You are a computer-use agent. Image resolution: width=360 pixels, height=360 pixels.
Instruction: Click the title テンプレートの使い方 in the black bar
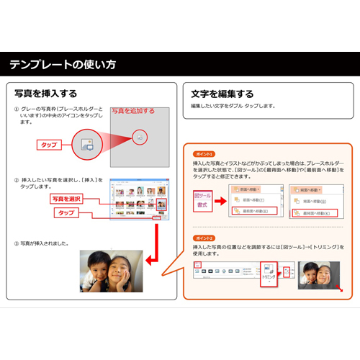coord(63,65)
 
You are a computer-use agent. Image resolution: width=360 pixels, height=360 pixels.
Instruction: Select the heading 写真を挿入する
coord(46,94)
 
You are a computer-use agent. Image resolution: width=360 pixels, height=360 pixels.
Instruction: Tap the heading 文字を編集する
coord(222,94)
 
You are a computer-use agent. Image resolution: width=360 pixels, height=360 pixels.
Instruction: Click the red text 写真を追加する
coord(133,111)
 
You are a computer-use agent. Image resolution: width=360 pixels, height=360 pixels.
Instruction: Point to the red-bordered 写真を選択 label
coord(67,198)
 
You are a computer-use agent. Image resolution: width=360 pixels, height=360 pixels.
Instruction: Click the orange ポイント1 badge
coord(204,154)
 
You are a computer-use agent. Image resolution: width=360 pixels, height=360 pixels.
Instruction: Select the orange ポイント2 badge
coord(204,238)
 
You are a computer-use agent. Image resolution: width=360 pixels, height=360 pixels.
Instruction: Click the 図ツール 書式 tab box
coord(203,200)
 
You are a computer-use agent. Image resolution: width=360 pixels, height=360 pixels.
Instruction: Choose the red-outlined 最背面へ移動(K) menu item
coord(314,213)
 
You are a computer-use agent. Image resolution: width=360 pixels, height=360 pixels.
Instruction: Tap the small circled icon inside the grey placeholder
coord(140,136)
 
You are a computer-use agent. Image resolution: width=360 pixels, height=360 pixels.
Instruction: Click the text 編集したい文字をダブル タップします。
coord(233,106)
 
